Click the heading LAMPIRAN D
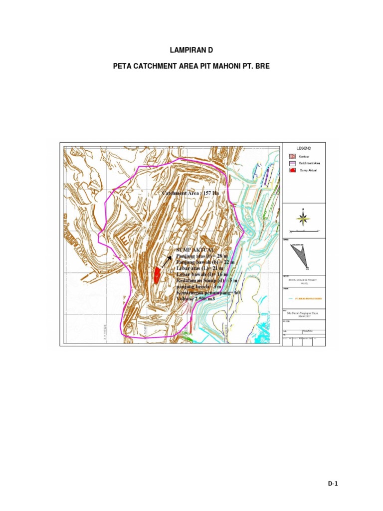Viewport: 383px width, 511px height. click(191, 51)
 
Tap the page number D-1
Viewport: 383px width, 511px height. click(333, 483)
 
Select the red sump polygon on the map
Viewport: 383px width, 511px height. click(158, 274)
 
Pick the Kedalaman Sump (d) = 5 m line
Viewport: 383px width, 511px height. click(207, 281)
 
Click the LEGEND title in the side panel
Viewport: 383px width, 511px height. click(304, 149)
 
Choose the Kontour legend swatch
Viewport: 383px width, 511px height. click(292, 156)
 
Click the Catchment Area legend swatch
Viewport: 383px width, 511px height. click(292, 163)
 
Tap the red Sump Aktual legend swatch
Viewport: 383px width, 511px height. click(292, 170)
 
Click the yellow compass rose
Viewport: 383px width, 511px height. click(303, 218)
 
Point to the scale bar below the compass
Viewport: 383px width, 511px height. click(304, 231)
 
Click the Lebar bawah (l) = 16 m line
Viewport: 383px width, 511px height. click(201, 274)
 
